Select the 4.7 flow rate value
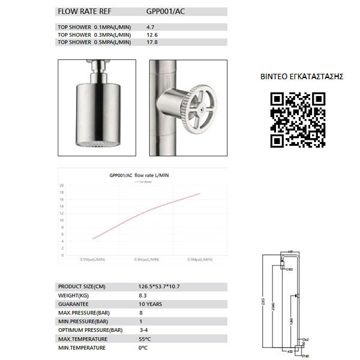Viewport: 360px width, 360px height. (151, 28)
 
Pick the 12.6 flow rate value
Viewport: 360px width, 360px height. (152, 35)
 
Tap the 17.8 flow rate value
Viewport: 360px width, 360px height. (152, 42)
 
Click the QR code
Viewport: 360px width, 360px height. (298, 120)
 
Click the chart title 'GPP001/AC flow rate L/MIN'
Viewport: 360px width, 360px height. (139, 175)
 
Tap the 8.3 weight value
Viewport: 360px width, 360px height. (143, 295)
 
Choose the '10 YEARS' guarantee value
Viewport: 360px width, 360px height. (150, 304)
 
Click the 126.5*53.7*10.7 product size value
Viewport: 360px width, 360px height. (161, 286)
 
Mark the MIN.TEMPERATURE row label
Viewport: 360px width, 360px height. (82, 347)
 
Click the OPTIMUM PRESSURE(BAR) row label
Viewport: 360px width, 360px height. (90, 330)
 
